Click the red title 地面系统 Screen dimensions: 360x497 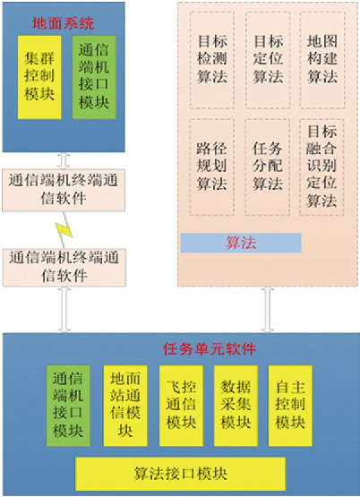pos(63,23)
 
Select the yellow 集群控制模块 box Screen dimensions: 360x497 pos(39,77)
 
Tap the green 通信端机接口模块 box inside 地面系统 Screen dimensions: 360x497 pos(94,77)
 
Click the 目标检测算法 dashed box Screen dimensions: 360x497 pos(212,60)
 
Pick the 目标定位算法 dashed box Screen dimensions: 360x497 pos(268,60)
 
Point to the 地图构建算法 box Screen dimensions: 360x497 pos(322,60)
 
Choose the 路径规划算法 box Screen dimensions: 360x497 pos(212,167)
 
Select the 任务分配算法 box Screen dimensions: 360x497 pos(268,167)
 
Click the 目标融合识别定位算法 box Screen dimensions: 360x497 pos(321,167)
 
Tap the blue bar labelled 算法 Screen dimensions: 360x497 pos(241,243)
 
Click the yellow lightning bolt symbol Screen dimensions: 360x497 pos(64,230)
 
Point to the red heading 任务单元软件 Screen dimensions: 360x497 pos(210,348)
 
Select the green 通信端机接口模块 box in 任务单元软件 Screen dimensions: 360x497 pos(68,406)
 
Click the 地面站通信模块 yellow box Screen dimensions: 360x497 pos(125,406)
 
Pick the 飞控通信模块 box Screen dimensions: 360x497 pos(181,406)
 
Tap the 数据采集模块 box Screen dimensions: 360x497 pos(236,406)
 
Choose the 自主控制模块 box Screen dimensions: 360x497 pos(290,406)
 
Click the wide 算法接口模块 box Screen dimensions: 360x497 pos(180,474)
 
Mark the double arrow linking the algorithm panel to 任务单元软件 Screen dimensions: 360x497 pos(268,310)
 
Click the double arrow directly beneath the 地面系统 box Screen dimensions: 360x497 pos(64,160)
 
